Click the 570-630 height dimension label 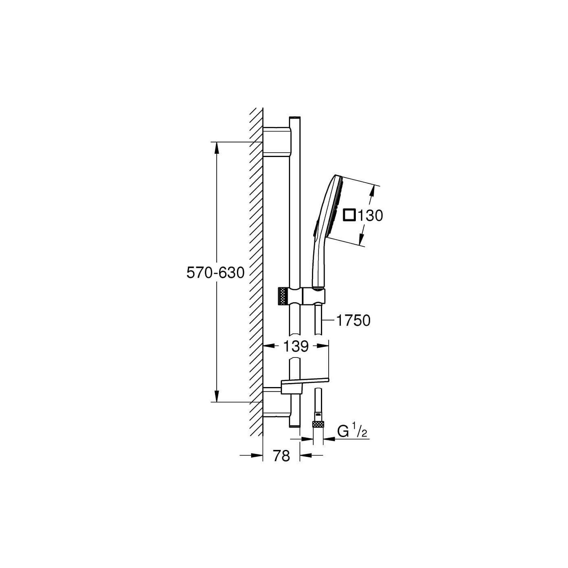tap(215, 273)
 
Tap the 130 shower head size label tap(370, 216)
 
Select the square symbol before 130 tap(350, 215)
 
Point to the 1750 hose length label tap(353, 321)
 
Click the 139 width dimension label tap(296, 346)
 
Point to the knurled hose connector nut tap(318, 424)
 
